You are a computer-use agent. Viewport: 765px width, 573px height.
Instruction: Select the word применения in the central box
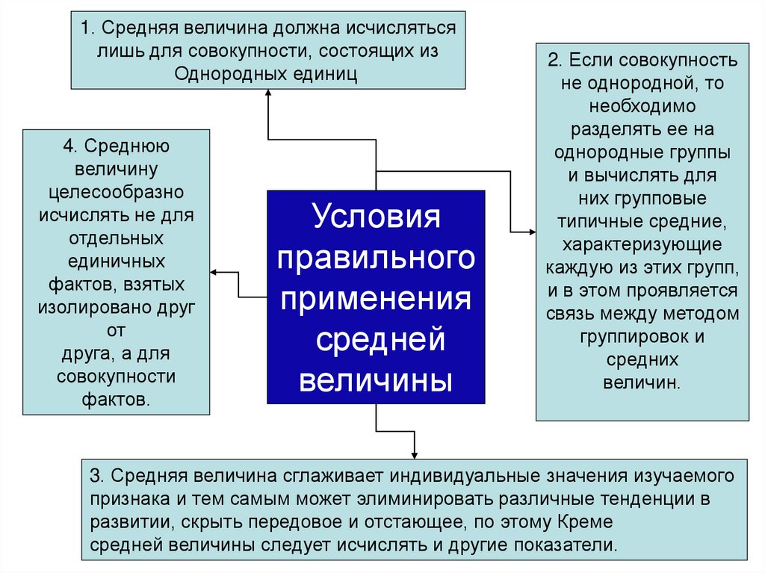(x=376, y=299)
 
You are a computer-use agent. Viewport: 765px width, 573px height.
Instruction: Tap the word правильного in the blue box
(x=376, y=259)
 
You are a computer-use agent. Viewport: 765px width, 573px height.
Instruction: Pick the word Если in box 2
(x=594, y=60)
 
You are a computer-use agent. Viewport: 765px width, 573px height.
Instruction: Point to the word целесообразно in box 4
(x=117, y=193)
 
